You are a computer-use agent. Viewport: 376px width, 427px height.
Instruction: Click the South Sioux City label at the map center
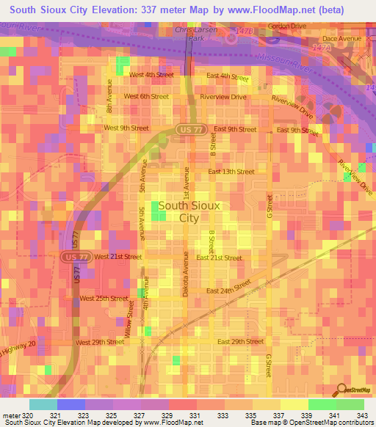pyautogui.click(x=188, y=212)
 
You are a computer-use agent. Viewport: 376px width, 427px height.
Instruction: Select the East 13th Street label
pyautogui.click(x=231, y=172)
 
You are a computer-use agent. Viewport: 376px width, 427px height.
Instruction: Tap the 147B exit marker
pyautogui.click(x=245, y=32)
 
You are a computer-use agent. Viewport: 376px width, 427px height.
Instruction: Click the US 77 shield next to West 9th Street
pyautogui.click(x=186, y=130)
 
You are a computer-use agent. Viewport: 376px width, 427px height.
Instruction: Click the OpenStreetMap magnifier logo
pyautogui.click(x=340, y=390)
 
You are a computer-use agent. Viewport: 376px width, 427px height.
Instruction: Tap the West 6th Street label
pyautogui.click(x=146, y=96)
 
